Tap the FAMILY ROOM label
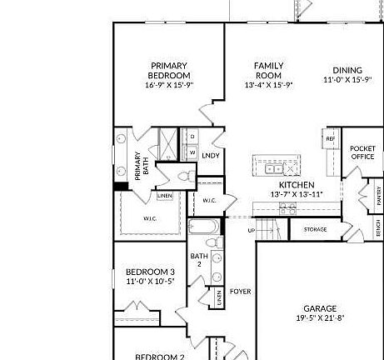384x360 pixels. (268, 70)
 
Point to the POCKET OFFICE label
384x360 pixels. (362, 152)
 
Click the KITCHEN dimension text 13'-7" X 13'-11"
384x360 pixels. (296, 194)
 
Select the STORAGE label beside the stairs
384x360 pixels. (315, 229)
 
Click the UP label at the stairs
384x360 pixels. (252, 230)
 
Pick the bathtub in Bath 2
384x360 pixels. (204, 226)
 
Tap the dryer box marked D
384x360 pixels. (192, 136)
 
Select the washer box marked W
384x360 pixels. (192, 152)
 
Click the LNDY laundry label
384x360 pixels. (211, 155)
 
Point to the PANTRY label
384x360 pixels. (379, 197)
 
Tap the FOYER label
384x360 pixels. (241, 291)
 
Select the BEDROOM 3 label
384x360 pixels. (150, 272)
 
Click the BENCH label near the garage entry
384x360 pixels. (379, 227)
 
